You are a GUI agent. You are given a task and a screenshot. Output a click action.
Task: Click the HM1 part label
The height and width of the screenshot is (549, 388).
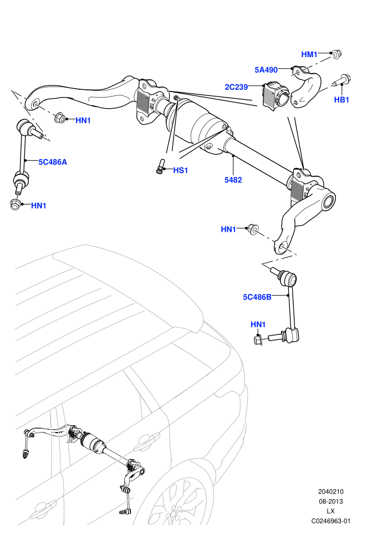(x=309, y=54)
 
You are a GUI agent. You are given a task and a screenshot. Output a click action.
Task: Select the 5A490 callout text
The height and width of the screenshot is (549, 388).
(x=266, y=70)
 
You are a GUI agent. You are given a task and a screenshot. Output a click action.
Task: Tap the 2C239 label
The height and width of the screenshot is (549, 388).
(x=236, y=87)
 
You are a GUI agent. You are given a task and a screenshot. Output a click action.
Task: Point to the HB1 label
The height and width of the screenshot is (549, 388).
(x=341, y=99)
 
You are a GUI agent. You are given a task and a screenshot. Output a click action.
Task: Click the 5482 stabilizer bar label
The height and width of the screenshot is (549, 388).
(x=233, y=180)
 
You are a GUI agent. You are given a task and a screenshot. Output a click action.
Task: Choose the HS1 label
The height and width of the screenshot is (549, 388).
(x=181, y=170)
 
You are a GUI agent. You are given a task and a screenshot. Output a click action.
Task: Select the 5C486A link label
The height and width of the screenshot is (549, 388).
(x=53, y=162)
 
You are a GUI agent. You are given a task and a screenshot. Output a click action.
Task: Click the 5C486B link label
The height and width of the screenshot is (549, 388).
(x=257, y=297)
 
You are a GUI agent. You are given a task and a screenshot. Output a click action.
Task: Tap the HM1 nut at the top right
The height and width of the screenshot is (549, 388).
(x=336, y=54)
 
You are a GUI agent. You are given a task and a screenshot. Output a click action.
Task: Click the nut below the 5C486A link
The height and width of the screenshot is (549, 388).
(x=15, y=204)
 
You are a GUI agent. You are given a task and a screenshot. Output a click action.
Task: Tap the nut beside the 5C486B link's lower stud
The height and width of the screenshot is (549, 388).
(x=259, y=339)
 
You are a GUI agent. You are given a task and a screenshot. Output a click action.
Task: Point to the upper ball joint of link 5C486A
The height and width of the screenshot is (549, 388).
(x=24, y=127)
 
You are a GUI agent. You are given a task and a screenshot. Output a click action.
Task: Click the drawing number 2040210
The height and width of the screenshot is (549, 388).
(x=330, y=491)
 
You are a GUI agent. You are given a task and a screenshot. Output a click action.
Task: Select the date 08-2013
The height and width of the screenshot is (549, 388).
(x=330, y=501)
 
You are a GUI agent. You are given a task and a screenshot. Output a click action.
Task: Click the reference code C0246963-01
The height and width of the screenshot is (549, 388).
(x=330, y=521)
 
